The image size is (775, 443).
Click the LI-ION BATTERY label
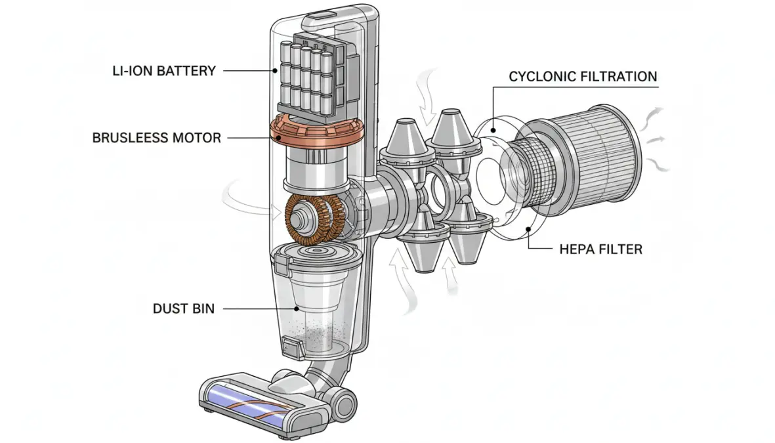point(163,70)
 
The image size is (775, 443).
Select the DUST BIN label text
point(183,307)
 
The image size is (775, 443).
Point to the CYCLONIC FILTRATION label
point(583,77)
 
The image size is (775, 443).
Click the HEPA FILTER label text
point(600,249)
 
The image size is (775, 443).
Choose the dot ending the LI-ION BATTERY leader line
point(275,70)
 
